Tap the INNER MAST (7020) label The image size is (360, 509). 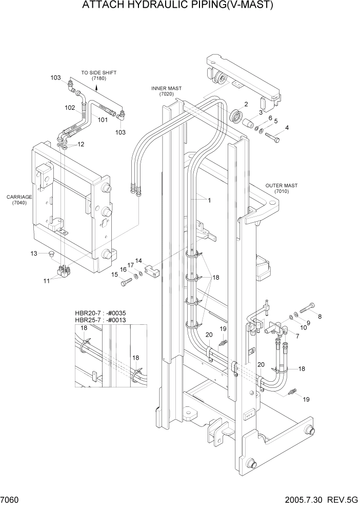click(167, 91)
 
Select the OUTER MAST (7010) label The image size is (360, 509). click(282, 188)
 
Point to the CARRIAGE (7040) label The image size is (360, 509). click(19, 200)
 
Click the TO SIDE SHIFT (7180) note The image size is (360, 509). click(98, 75)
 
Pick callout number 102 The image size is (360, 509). click(70, 108)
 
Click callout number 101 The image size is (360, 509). click(103, 120)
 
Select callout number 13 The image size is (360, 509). click(34, 253)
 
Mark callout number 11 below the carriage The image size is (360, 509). click(46, 280)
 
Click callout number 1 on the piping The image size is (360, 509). click(209, 200)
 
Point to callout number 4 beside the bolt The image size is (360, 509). click(287, 128)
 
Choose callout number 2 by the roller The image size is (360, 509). click(246, 104)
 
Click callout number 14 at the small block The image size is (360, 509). click(138, 261)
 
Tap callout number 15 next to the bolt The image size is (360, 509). click(115, 275)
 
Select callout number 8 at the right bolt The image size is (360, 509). click(319, 317)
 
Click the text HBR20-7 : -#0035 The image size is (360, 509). click(101, 313)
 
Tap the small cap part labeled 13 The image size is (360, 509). click(50, 253)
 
